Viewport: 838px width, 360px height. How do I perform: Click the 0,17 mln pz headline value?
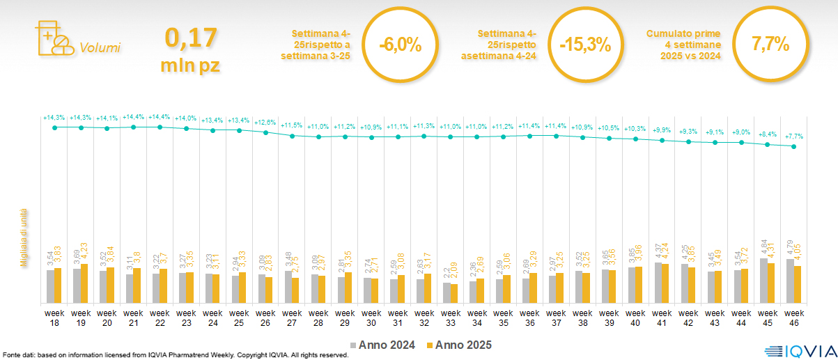point(191,49)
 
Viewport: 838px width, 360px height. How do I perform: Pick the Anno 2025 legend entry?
point(458,345)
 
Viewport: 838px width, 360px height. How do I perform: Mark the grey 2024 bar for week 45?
point(763,281)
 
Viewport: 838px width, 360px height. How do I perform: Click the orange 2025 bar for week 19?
point(85,283)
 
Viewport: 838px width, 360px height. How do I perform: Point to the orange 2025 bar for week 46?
point(798,284)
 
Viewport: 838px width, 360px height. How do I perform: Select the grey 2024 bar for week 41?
point(658,283)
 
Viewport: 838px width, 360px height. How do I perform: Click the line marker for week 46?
point(794,146)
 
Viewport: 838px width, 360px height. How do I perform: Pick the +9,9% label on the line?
point(662,130)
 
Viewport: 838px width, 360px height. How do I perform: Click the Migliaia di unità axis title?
point(24,237)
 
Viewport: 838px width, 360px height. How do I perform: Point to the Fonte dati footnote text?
point(175,355)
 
